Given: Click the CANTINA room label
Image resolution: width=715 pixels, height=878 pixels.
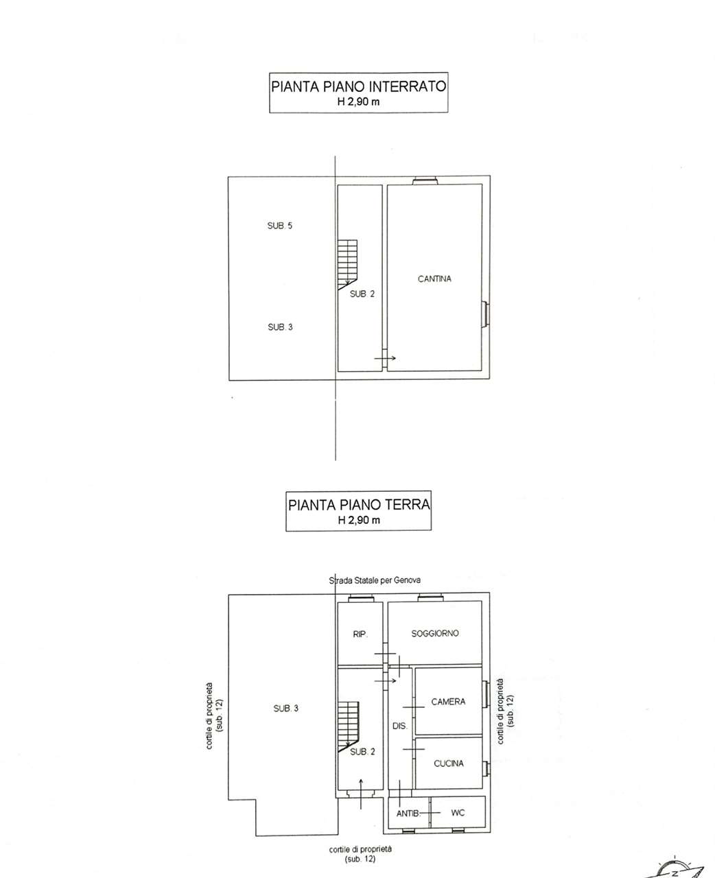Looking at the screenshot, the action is click(x=434, y=279).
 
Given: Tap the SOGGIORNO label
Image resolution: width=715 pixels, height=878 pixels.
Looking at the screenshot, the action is click(x=434, y=633).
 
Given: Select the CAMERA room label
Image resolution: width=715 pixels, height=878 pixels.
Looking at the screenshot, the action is click(x=448, y=702).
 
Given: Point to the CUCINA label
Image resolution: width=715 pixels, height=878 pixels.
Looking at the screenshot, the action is click(x=449, y=763).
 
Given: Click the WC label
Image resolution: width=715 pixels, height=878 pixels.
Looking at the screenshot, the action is click(x=458, y=812).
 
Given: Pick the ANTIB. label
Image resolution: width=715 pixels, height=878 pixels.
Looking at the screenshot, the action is click(x=408, y=814).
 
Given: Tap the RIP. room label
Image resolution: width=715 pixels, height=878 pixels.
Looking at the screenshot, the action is click(x=360, y=634).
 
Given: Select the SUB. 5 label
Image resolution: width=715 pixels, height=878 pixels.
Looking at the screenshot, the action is click(x=279, y=226).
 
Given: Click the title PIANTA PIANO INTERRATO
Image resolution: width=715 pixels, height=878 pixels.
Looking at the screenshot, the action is click(x=358, y=86).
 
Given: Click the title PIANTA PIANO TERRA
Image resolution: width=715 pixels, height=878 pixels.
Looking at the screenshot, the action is click(x=359, y=505).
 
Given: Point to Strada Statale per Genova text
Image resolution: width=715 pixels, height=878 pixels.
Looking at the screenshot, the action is click(x=375, y=580).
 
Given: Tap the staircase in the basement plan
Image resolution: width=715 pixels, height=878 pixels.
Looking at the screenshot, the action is click(x=348, y=265).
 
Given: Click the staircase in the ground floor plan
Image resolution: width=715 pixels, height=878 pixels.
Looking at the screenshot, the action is click(x=349, y=727).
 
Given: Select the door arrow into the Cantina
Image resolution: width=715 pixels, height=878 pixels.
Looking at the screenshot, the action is click(x=385, y=358).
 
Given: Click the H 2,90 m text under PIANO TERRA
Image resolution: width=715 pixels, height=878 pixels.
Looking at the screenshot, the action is click(x=359, y=520).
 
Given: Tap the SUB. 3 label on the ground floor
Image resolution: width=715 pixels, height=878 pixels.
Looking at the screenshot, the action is click(x=285, y=708).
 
